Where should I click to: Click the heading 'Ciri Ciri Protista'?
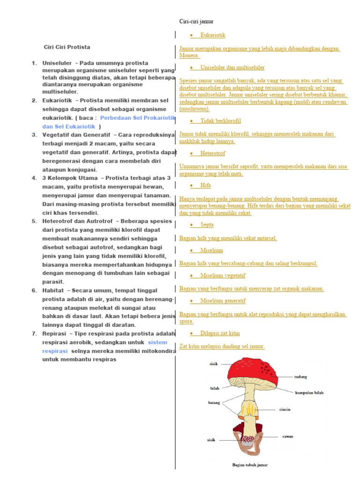point(67,47)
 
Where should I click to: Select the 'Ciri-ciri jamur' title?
point(196,22)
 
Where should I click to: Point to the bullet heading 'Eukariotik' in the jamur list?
point(213,35)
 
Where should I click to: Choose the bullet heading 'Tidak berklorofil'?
point(220,121)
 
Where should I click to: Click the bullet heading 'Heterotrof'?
point(212,153)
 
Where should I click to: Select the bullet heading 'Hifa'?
point(205,186)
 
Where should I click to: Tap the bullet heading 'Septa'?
point(207,225)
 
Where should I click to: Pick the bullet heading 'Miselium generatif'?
point(223,300)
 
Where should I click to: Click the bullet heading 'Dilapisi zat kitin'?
point(220,333)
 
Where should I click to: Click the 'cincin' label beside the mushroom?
point(285,409)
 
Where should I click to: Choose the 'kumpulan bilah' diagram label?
point(309,393)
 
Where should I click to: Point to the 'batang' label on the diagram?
point(214,403)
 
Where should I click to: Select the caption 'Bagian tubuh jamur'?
point(250,465)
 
